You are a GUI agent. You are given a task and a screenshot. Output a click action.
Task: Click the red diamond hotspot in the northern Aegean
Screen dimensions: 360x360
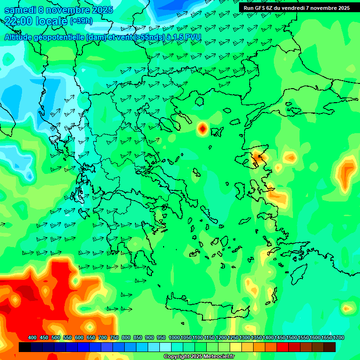[x=202, y=128]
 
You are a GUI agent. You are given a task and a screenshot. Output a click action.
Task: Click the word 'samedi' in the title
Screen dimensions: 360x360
[x=19, y=10]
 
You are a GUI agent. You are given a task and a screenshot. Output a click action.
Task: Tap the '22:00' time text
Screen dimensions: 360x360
[x=18, y=21]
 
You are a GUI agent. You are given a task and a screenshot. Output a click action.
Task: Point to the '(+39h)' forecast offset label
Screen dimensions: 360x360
[x=81, y=21]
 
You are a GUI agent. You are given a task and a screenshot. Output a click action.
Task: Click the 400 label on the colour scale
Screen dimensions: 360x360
[x=32, y=338]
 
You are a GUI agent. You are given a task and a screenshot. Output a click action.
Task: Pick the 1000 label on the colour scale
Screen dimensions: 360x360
[x=174, y=338]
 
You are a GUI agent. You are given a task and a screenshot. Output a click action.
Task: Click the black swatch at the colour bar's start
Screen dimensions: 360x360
[x=25, y=347]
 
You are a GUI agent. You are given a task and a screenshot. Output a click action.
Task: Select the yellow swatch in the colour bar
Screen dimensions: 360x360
[x=236, y=347]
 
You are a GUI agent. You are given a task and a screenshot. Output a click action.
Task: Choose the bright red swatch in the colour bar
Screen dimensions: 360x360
[x=283, y=347]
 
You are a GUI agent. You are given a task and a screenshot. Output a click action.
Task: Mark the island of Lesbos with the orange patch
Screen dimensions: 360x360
[x=257, y=157]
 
